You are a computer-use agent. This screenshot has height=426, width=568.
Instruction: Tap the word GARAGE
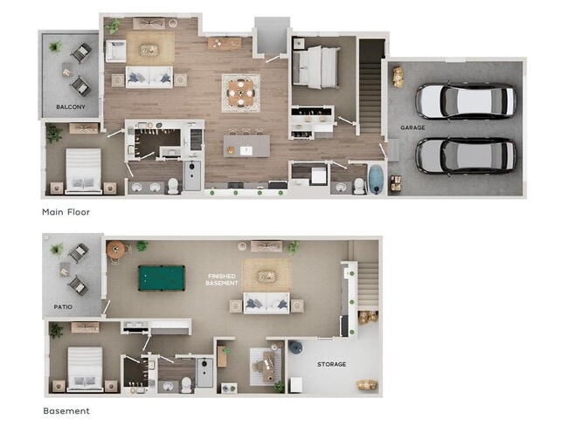click(412, 127)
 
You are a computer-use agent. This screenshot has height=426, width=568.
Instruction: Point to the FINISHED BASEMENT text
click(221, 280)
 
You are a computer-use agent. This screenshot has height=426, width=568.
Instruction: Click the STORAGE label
click(331, 364)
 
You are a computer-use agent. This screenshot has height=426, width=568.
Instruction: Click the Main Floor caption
click(66, 211)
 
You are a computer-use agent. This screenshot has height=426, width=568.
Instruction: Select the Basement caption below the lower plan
click(66, 410)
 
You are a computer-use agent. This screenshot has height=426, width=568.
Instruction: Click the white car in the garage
click(466, 101)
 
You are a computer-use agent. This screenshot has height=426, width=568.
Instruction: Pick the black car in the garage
click(466, 155)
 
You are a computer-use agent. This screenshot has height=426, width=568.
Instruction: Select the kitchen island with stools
click(247, 144)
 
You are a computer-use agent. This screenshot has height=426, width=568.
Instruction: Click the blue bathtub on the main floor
click(377, 178)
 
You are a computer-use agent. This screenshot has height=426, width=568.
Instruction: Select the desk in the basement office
click(267, 366)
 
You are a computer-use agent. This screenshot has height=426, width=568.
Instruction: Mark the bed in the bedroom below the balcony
click(84, 170)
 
